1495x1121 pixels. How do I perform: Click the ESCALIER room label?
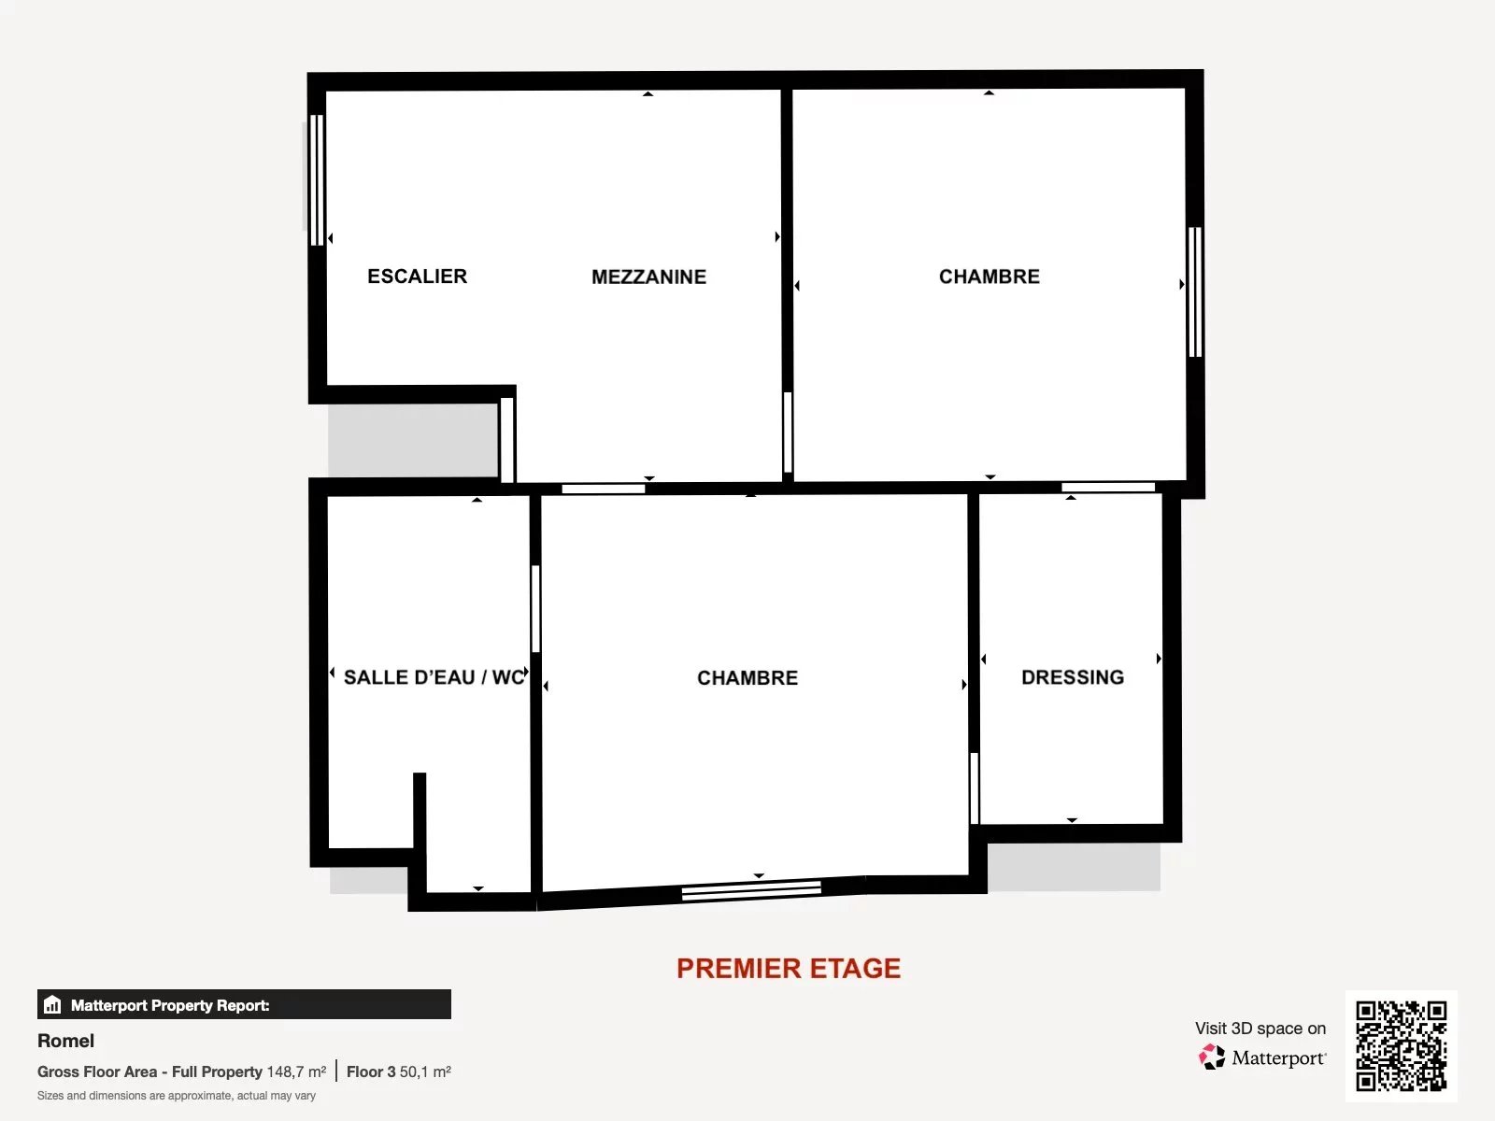pyautogui.click(x=417, y=277)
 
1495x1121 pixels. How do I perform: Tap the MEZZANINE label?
pyautogui.click(x=648, y=277)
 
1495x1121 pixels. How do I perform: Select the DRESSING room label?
pyautogui.click(x=1073, y=677)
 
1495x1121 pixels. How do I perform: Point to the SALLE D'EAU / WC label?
pyautogui.click(x=434, y=677)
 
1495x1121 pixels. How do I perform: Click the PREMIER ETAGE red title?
pyautogui.click(x=789, y=969)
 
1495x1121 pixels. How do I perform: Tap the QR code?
pyautogui.click(x=1401, y=1046)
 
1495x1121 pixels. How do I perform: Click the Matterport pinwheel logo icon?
pyautogui.click(x=1212, y=1057)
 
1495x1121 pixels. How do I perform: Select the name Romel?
pyautogui.click(x=65, y=1041)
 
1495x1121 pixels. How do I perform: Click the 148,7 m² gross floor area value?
pyautogui.click(x=296, y=1072)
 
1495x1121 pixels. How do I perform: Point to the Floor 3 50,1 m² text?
pyautogui.click(x=398, y=1072)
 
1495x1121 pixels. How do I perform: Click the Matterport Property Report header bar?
pyautogui.click(x=244, y=1004)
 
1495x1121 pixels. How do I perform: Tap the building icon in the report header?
pyautogui.click(x=52, y=1004)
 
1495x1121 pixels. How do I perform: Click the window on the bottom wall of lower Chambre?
pyautogui.click(x=751, y=890)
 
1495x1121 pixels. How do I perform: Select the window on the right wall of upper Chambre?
pyautogui.click(x=1195, y=292)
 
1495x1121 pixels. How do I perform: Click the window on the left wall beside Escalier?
pyautogui.click(x=317, y=180)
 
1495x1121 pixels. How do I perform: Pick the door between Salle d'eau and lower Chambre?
pyautogui.click(x=535, y=608)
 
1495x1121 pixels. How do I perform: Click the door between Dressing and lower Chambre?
pyautogui.click(x=974, y=788)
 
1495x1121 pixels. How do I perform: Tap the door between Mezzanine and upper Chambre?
pyautogui.click(x=788, y=433)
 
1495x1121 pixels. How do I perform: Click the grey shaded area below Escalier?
pyautogui.click(x=413, y=440)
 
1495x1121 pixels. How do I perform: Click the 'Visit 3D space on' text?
pyautogui.click(x=1260, y=1029)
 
